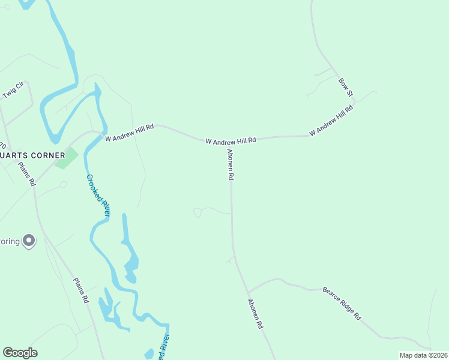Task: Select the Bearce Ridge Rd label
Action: tap(342, 303)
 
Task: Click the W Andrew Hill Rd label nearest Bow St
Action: tap(331, 122)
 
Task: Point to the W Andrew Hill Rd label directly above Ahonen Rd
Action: tap(231, 140)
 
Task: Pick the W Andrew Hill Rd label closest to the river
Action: tap(130, 133)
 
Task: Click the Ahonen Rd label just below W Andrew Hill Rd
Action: tap(230, 166)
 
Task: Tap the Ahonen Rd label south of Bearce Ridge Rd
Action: tap(256, 314)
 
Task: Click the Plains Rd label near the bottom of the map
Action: tap(81, 290)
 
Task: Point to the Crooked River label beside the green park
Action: tap(98, 196)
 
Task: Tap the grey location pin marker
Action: tap(29, 241)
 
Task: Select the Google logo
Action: tap(20, 353)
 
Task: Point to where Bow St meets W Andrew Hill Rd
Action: tap(354, 102)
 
